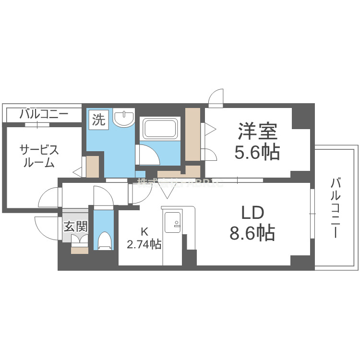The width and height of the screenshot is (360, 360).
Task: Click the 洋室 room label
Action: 256,132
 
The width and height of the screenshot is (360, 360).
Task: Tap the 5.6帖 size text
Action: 256,153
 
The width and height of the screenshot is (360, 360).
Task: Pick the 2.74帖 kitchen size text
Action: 144,244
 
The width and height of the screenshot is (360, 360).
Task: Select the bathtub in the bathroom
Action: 160,129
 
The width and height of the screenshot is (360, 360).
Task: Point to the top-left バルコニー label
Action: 44,114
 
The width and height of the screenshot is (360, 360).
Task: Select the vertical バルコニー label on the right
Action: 336,208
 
